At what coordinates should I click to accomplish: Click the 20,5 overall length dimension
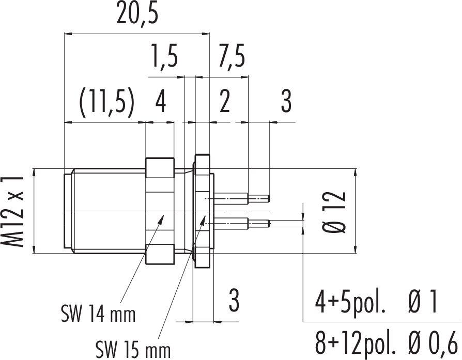(136, 16)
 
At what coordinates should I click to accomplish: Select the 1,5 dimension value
(164, 56)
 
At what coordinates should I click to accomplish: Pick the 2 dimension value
(224, 102)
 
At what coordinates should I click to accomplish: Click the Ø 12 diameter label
(336, 211)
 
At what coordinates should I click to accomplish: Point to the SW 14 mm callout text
(98, 312)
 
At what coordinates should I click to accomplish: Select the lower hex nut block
(159, 257)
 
